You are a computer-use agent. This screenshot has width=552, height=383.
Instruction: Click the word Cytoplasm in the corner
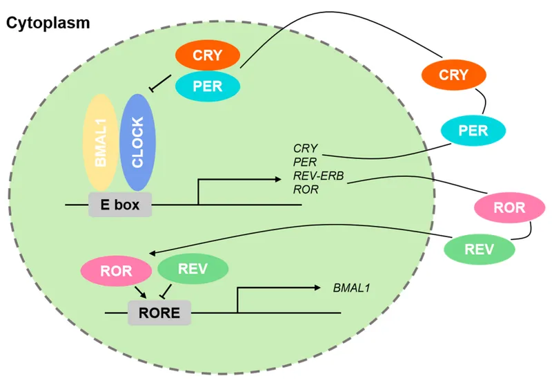coord(48,23)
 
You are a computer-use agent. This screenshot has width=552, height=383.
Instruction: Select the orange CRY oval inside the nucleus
coord(208,56)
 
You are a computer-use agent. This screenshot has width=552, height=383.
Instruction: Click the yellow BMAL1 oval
coord(103,142)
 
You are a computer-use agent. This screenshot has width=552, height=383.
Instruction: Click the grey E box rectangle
coord(120,205)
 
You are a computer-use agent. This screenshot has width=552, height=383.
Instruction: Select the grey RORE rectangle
coord(160,313)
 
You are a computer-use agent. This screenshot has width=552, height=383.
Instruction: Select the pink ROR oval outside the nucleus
coord(509,207)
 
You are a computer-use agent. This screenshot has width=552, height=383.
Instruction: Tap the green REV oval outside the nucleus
coord(479,248)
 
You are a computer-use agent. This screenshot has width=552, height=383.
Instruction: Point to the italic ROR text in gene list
coord(306,189)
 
